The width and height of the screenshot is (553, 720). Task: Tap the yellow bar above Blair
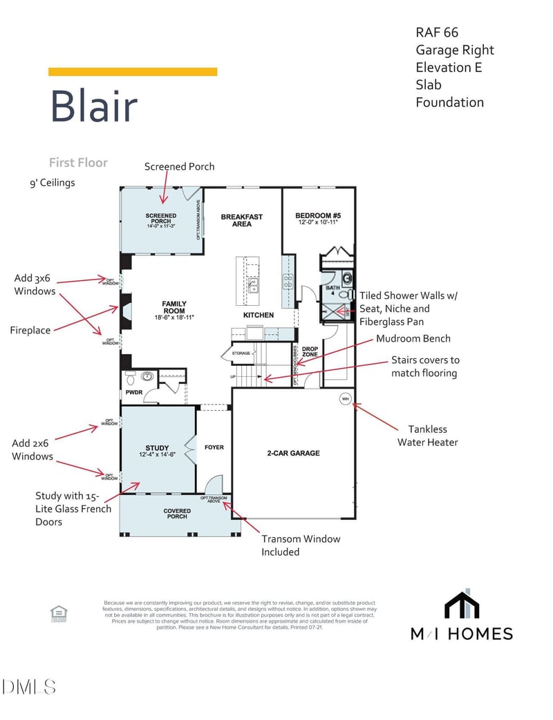133,72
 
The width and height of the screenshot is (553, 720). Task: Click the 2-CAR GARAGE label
293,454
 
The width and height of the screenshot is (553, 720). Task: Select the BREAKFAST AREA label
241,220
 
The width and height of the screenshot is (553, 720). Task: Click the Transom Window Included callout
301,545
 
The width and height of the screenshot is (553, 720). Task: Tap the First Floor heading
78,162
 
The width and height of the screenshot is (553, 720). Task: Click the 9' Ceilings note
52,183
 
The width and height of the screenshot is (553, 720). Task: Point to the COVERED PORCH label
177,513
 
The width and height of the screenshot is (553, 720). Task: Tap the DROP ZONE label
310,352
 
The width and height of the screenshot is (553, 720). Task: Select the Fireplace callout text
30,330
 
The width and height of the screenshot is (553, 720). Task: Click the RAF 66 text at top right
437,32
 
